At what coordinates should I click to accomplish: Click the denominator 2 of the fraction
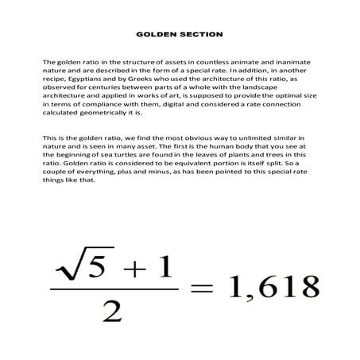pos(113,314)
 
